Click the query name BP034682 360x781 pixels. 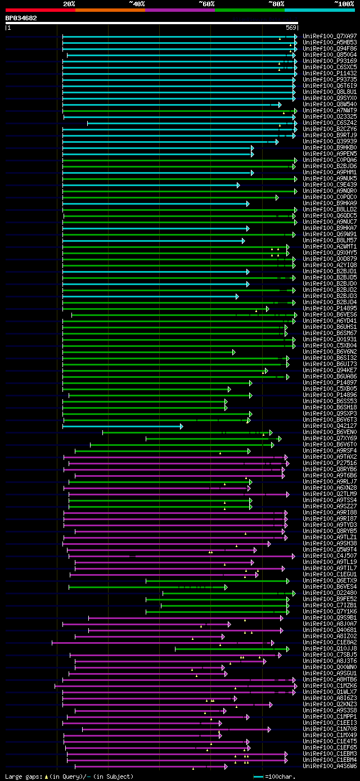tap(21, 18)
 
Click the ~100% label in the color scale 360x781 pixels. tap(344, 4)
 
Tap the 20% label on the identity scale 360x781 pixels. tap(69, 4)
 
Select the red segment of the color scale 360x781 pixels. tap(40, 10)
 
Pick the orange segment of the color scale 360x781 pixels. tap(110, 10)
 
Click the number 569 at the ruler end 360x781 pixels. tap(291, 28)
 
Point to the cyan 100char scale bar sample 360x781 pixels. tap(259, 777)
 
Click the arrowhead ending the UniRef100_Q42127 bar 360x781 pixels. tap(181, 426)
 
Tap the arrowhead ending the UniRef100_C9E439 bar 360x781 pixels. tap(238, 185)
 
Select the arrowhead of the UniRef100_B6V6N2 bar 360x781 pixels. tap(233, 352)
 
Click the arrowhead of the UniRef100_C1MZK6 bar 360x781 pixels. tap(295, 686)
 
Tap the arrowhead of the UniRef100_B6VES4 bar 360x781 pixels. tap(226, 587)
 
